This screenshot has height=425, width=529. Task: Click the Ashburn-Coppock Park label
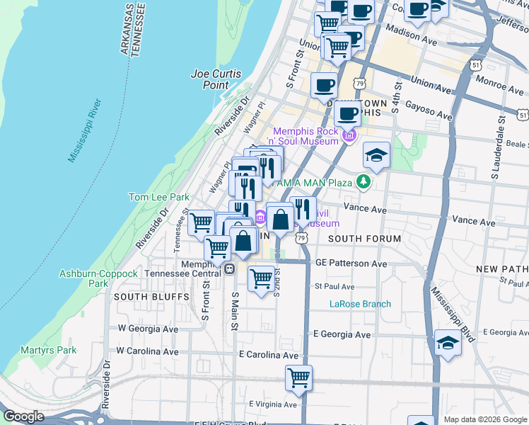84,278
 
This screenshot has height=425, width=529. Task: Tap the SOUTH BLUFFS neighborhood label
151,296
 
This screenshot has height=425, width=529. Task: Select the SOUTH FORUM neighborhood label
364,239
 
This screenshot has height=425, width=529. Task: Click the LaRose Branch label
360,305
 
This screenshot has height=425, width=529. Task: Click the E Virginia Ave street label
273,404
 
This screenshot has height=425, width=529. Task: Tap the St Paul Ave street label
334,287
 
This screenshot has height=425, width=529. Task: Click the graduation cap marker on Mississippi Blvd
448,344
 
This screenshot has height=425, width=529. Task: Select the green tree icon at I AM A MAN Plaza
364,183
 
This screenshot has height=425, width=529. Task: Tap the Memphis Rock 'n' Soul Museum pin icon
349,135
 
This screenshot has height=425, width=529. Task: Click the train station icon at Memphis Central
229,268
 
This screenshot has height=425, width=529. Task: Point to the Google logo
24,416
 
